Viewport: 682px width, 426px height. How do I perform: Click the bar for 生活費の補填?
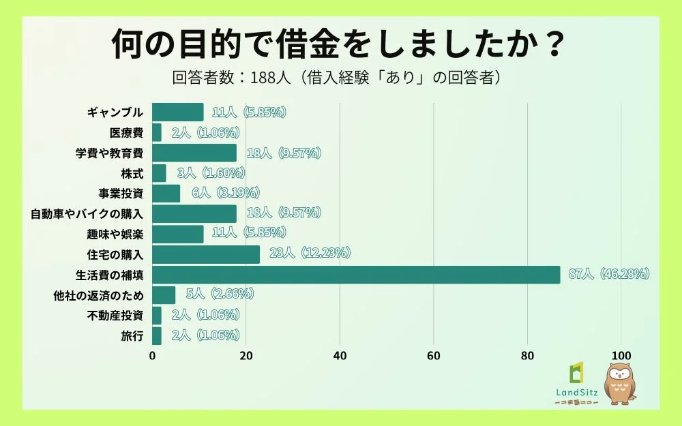pyautogui.click(x=355, y=275)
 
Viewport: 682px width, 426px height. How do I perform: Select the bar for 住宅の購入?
pyautogui.click(x=206, y=254)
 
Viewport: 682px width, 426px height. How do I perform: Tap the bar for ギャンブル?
pyautogui.click(x=177, y=112)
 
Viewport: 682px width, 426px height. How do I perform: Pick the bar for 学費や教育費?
pyautogui.click(x=194, y=153)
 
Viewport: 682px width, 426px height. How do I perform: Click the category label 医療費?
pyautogui.click(x=126, y=133)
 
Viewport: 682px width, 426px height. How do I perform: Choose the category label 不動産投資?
pyautogui.click(x=115, y=316)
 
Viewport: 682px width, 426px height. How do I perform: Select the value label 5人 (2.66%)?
pyautogui.click(x=220, y=294)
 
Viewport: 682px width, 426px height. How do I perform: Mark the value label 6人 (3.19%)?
pyautogui.click(x=226, y=194)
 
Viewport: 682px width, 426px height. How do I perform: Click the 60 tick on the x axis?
pyautogui.click(x=433, y=355)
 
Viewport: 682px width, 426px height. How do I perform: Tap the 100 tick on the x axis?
pyautogui.click(x=621, y=355)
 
